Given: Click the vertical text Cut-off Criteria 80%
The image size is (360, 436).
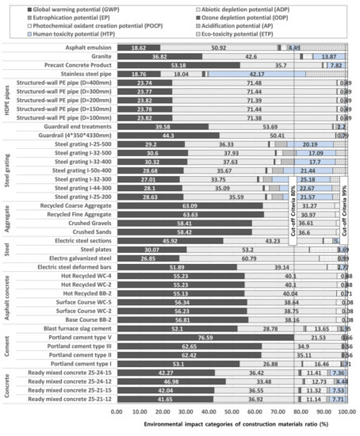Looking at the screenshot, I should point(294,208).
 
